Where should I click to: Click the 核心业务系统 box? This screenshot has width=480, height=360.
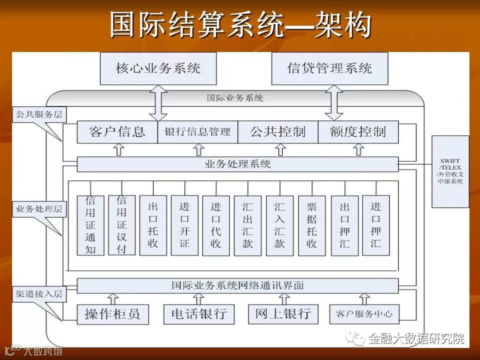(x=158, y=68)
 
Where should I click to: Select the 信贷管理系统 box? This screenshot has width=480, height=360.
(x=329, y=68)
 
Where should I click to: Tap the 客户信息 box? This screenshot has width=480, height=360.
(x=117, y=132)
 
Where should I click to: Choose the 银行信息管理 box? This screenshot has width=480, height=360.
(x=197, y=132)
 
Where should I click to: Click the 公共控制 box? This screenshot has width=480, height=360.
(x=278, y=132)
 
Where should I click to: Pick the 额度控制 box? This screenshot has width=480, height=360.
(x=358, y=132)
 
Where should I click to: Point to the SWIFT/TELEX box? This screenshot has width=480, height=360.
(x=450, y=171)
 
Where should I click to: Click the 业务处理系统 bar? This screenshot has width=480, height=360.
(x=238, y=164)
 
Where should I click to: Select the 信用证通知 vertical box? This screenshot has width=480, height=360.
(x=90, y=225)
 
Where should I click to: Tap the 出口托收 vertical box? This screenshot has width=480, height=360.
(x=153, y=225)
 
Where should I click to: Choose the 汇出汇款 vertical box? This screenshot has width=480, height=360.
(x=247, y=225)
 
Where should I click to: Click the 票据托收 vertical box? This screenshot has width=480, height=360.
(x=311, y=225)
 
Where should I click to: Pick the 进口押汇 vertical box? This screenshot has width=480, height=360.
(x=375, y=225)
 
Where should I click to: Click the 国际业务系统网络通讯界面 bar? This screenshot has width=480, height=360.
(x=238, y=286)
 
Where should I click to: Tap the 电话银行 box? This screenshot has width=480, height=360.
(x=198, y=314)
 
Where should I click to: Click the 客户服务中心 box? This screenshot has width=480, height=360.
(x=364, y=314)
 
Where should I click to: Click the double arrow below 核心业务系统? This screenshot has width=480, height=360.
(x=158, y=102)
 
